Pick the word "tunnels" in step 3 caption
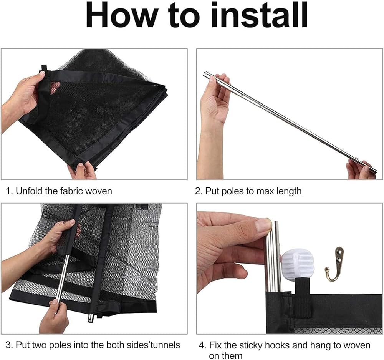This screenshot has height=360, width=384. coord(165,345)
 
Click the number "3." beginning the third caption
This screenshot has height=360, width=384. coord(9,345)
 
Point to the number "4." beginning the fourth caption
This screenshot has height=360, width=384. coord(203,345)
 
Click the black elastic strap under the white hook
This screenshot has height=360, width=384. coord(302,297)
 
